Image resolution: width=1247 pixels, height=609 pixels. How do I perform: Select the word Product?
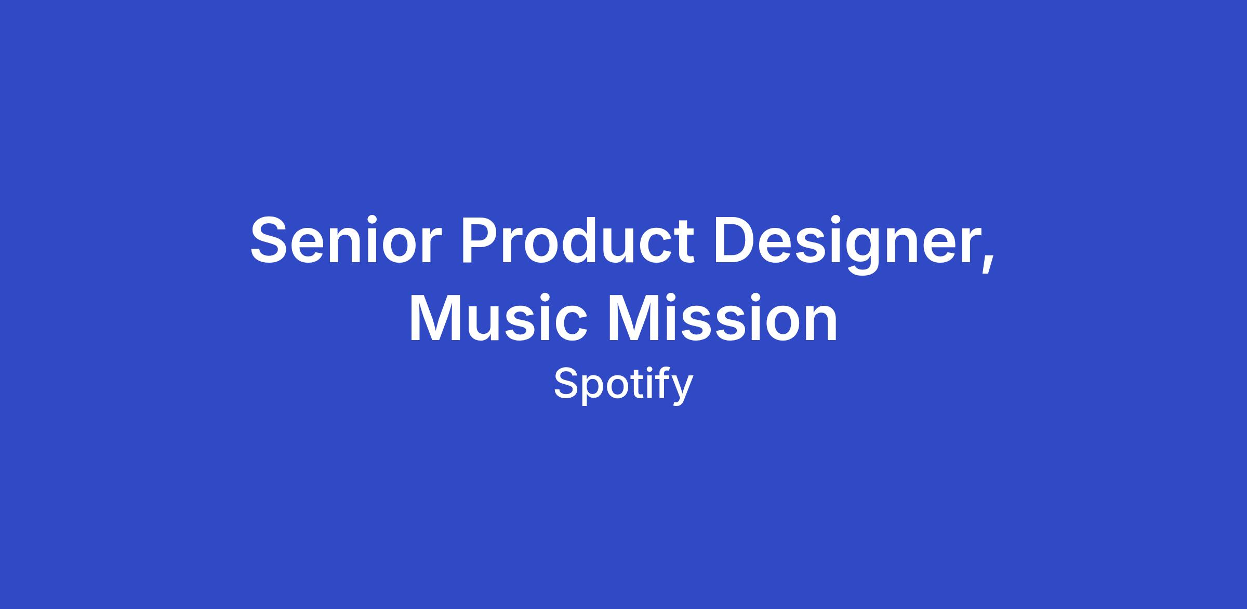click(x=577, y=240)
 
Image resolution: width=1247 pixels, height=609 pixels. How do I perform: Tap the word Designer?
click(x=847, y=245)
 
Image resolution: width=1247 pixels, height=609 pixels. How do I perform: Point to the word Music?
click(x=499, y=317)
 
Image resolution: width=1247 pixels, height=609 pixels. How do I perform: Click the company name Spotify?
click(x=623, y=386)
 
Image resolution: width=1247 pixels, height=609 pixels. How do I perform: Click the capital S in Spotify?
click(x=566, y=384)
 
